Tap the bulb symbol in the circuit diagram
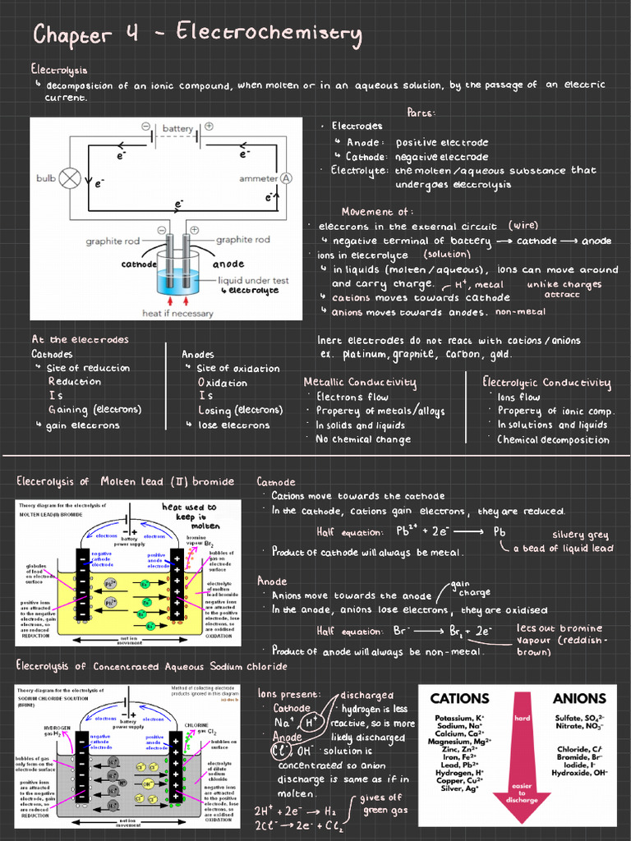(71, 177)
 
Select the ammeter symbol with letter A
(287, 178)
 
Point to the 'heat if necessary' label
(177, 313)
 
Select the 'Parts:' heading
(421, 113)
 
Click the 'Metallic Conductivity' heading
(360, 383)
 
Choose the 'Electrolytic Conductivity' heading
(546, 383)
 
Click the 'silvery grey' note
(580, 535)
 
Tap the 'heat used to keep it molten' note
(189, 517)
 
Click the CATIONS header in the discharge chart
(462, 699)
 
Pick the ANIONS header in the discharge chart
(579, 699)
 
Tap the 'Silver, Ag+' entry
(460, 788)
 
